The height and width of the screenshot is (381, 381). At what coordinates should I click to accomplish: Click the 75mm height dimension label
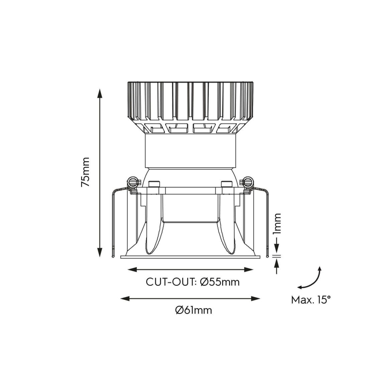tap(86, 172)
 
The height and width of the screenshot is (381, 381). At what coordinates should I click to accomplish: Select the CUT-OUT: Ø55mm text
tap(193, 282)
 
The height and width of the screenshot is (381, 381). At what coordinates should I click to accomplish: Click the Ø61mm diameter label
tap(194, 310)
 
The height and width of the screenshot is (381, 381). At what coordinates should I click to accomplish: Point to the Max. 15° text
tap(311, 299)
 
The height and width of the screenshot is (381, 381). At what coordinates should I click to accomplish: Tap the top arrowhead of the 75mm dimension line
tap(99, 93)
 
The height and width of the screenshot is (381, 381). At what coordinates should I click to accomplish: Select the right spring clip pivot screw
tap(248, 183)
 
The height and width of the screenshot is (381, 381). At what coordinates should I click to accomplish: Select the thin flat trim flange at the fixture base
tap(190, 257)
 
